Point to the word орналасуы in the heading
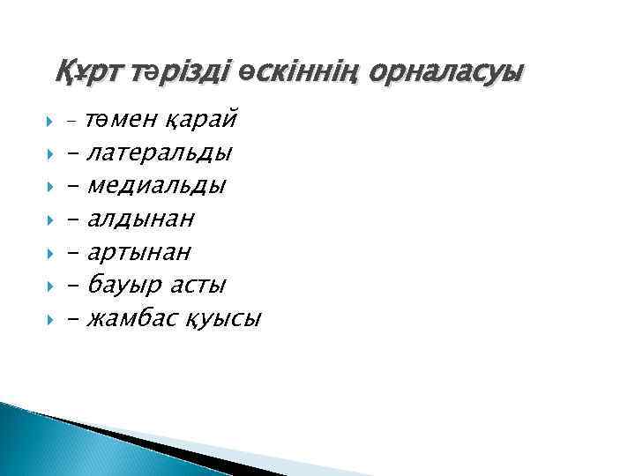pos(446,70)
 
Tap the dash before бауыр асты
pos(72,285)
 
